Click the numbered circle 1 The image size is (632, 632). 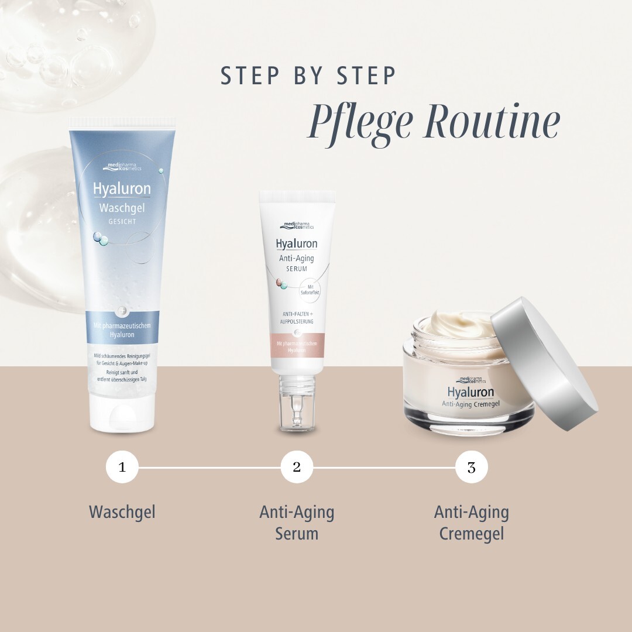tap(122, 467)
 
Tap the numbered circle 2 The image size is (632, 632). tap(297, 467)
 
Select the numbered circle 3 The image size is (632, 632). tap(472, 467)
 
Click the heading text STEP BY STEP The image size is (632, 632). tap(308, 76)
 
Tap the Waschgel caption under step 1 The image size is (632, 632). tap(122, 512)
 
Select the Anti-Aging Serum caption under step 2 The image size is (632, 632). tap(297, 523)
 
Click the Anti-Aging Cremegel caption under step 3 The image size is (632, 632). tap(472, 523)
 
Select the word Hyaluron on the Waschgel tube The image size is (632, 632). tap(122, 189)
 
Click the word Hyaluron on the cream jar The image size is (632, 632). tap(470, 392)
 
